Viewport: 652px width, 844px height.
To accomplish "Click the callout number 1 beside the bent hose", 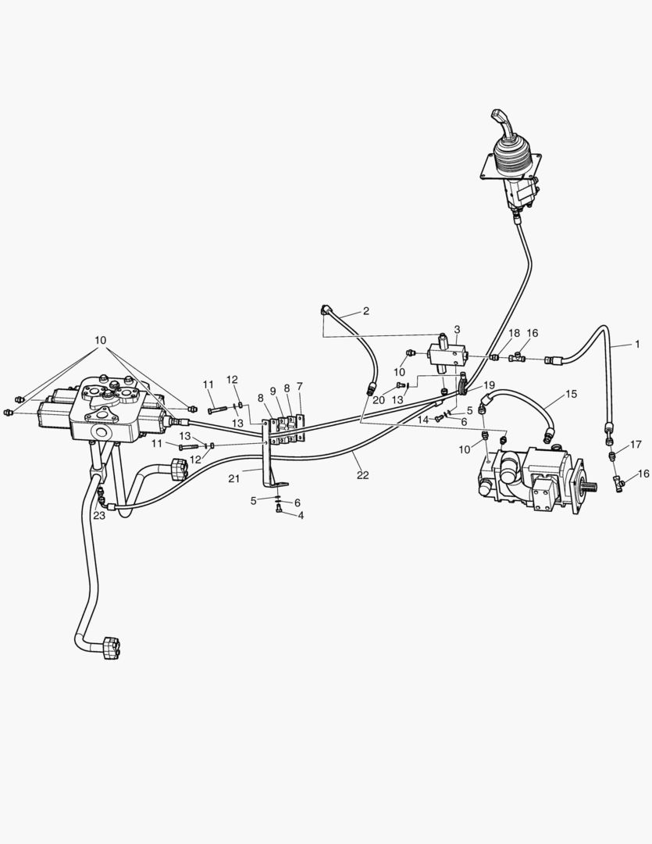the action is pyautogui.click(x=637, y=344).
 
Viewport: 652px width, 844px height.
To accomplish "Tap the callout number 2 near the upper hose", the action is pyautogui.click(x=365, y=310).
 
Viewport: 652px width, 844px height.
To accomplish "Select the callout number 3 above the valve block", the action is pyautogui.click(x=457, y=329).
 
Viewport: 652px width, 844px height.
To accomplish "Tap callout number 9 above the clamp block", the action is pyautogui.click(x=273, y=391).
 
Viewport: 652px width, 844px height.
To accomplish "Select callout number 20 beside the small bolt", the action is pyautogui.click(x=379, y=400).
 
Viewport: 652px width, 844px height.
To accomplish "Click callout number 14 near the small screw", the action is pyautogui.click(x=423, y=420).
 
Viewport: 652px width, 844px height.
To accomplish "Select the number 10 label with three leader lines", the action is pyautogui.click(x=100, y=340).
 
